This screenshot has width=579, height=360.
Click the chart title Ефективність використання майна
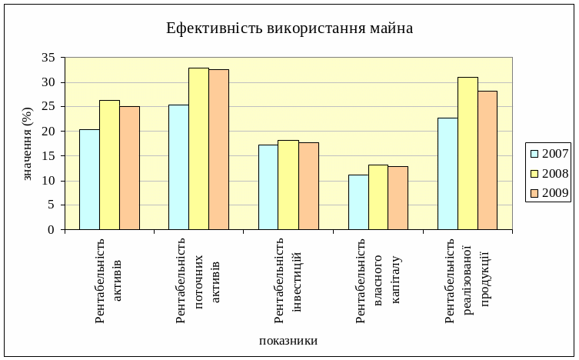click(289, 28)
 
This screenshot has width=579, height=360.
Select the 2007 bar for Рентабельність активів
click(89, 179)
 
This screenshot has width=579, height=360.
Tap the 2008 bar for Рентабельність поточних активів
click(198, 148)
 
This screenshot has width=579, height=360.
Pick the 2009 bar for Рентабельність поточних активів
click(218, 149)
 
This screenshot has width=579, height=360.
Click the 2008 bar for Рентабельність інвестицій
click(288, 185)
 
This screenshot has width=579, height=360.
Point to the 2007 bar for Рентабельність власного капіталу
click(358, 202)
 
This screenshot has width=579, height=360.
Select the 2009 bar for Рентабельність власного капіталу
click(398, 198)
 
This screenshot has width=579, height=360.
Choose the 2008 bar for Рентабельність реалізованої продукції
click(468, 153)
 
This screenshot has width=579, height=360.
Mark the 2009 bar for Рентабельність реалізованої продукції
click(487, 160)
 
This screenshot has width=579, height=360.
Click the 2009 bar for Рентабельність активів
click(129, 168)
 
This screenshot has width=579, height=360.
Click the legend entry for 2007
click(548, 154)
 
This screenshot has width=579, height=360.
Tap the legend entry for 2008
click(548, 174)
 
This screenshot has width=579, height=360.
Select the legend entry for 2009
click(548, 193)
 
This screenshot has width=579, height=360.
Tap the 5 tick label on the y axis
click(51, 205)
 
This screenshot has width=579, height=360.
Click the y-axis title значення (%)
click(28, 144)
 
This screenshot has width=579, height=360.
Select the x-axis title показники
click(288, 341)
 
